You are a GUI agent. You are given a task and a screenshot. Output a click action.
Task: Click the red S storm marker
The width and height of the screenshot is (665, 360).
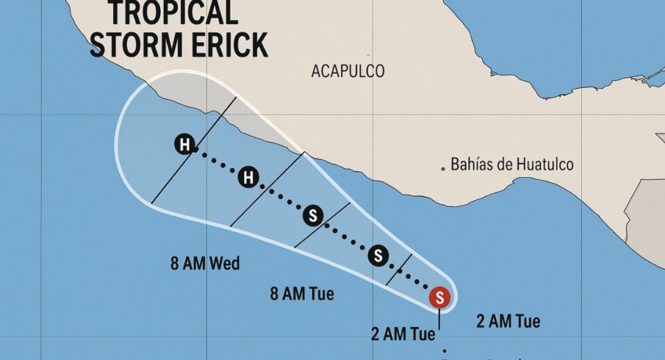pyautogui.click(x=440, y=298)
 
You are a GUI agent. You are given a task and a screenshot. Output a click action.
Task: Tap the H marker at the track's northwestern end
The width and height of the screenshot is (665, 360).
pyautogui.click(x=184, y=145)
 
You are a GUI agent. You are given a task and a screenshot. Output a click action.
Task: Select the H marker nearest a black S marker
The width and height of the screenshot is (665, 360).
pyautogui.click(x=248, y=179)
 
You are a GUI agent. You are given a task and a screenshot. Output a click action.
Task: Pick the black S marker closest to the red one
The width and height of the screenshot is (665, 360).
pyautogui.click(x=378, y=255)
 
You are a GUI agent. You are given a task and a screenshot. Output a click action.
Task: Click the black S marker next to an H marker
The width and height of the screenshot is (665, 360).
pyautogui.click(x=312, y=216)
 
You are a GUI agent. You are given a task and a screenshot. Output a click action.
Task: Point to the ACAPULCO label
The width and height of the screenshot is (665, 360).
pyautogui.click(x=348, y=71)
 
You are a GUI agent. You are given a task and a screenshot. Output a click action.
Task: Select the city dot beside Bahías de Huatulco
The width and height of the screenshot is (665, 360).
pyautogui.click(x=443, y=168)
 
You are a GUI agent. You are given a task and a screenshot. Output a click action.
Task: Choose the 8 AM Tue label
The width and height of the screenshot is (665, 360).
pyautogui.click(x=302, y=294)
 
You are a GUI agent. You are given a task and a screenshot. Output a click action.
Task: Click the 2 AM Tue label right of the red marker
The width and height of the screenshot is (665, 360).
pyautogui.click(x=508, y=321)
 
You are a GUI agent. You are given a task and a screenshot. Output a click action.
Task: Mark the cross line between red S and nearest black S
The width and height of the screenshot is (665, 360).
pyautogui.click(x=399, y=269)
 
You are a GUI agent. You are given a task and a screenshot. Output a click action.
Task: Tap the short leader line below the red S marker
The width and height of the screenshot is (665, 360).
pyautogui.click(x=440, y=319)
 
